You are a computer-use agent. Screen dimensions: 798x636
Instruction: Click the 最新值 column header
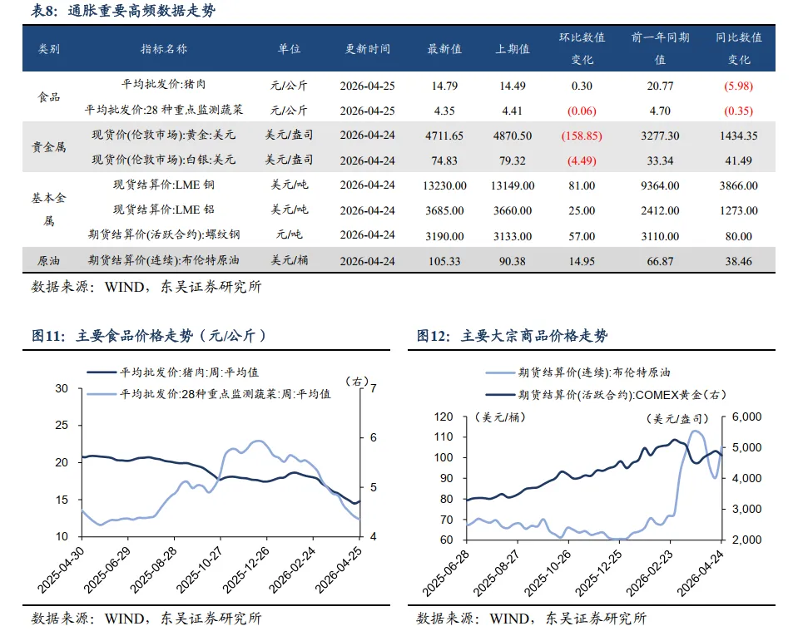(x=444, y=49)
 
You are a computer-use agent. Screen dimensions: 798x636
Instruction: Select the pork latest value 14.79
(x=444, y=86)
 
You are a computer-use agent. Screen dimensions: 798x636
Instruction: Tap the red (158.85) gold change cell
(x=582, y=136)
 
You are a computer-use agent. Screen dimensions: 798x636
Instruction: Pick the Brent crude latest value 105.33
(x=444, y=261)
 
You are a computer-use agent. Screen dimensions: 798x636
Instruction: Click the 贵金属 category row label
(x=49, y=147)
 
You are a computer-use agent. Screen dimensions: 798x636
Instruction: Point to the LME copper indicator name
(x=163, y=185)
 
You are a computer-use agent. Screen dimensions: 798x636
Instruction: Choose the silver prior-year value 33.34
(x=660, y=160)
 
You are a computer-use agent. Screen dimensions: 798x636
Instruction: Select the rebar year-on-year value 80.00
(x=738, y=236)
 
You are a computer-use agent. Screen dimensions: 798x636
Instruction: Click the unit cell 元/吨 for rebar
(x=289, y=234)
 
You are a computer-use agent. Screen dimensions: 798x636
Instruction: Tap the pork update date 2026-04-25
(x=368, y=86)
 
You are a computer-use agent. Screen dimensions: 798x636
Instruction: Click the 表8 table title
(x=122, y=11)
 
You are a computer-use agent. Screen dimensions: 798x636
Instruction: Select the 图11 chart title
(x=149, y=336)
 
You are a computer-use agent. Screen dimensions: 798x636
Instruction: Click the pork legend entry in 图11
(x=173, y=372)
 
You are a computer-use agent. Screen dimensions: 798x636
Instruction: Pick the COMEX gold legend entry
(x=606, y=395)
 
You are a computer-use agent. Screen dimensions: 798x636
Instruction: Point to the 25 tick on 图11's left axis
(x=62, y=425)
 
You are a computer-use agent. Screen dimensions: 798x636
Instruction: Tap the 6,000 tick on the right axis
(x=746, y=417)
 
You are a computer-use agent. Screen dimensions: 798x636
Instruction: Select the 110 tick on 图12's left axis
(x=444, y=436)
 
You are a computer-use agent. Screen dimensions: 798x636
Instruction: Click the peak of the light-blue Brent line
(x=695, y=431)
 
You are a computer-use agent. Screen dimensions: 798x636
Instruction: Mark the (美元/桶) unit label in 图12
(x=500, y=417)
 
